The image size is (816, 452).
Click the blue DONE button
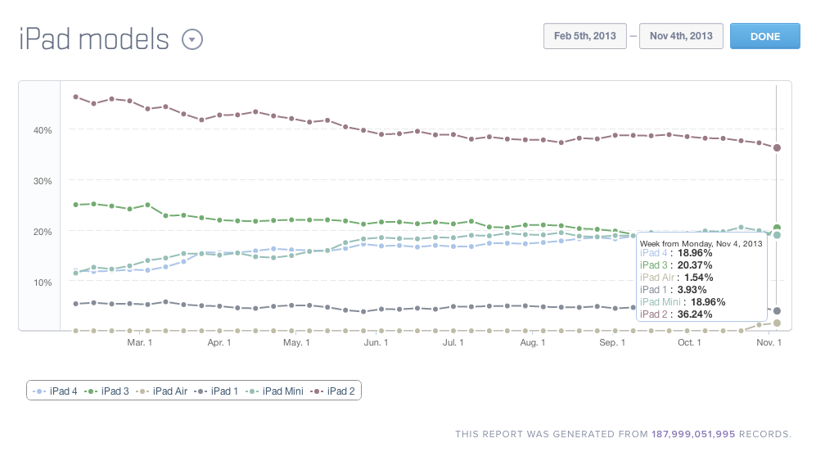(764, 36)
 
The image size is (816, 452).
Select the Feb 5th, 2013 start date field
(584, 36)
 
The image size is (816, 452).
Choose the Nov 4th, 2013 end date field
(681, 36)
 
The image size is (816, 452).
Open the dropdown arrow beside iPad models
(192, 39)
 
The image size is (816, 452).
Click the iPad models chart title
(94, 38)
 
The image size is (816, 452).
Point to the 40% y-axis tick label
(43, 130)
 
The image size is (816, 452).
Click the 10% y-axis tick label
(43, 282)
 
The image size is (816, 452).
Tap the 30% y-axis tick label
(43, 181)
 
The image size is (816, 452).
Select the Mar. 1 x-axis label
(139, 342)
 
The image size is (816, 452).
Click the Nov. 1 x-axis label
(769, 342)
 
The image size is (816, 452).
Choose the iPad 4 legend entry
(56, 391)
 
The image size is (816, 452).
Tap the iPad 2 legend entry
(334, 391)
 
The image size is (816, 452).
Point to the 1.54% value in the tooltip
(693, 277)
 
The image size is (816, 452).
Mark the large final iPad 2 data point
(777, 147)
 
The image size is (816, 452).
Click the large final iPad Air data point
(777, 323)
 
